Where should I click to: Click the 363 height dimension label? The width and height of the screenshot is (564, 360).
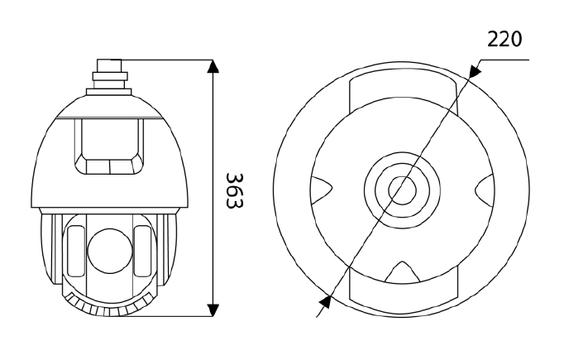[x=235, y=190]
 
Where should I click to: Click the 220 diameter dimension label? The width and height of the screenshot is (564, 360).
[x=504, y=39]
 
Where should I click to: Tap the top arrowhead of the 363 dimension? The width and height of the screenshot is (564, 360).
[x=213, y=66]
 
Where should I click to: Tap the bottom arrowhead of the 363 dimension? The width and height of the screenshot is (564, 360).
[x=213, y=310]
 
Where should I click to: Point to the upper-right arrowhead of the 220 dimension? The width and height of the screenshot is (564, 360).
[x=476, y=70]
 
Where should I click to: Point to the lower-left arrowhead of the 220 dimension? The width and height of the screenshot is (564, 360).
[x=325, y=302]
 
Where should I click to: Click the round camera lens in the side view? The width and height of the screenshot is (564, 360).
[x=109, y=250]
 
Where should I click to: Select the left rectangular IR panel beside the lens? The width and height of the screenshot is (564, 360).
[x=75, y=251]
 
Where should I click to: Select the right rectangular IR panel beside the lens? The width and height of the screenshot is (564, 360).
[x=142, y=251]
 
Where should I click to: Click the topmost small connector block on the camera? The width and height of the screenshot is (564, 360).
[x=109, y=66]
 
